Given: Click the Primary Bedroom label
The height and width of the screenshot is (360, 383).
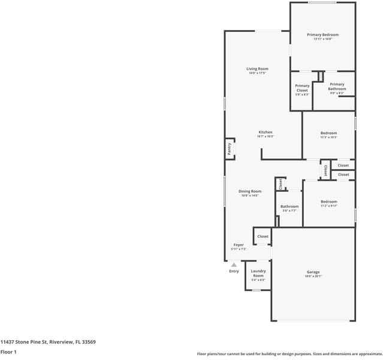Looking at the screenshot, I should point(323,35).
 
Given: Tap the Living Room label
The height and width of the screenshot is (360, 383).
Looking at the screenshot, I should point(257,69).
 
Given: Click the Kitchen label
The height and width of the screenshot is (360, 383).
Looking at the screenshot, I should point(266,132).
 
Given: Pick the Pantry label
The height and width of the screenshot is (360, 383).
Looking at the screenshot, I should point(229,148).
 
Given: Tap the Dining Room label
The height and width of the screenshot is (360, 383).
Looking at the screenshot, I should point(249,191).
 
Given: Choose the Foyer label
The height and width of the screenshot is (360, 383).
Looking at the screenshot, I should point(239,245).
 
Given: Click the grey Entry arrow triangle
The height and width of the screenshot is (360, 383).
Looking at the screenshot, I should point(234,263).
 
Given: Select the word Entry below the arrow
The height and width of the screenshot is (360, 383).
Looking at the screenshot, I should point(234,271).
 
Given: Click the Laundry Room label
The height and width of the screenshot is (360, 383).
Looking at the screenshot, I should point(258,273).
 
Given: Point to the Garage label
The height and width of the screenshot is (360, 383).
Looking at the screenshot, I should point(313,272).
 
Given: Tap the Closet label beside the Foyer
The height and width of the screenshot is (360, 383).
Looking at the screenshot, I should point(263,236).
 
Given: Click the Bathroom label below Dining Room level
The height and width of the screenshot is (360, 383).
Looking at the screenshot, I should point(289,206).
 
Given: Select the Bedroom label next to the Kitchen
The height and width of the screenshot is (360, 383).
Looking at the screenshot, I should point(328,133).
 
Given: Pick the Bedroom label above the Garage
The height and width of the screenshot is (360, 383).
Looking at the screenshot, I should point(328,202).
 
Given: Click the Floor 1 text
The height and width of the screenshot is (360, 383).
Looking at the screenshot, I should point(8,352).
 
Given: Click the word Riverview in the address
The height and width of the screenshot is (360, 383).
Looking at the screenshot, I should point(61,341).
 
